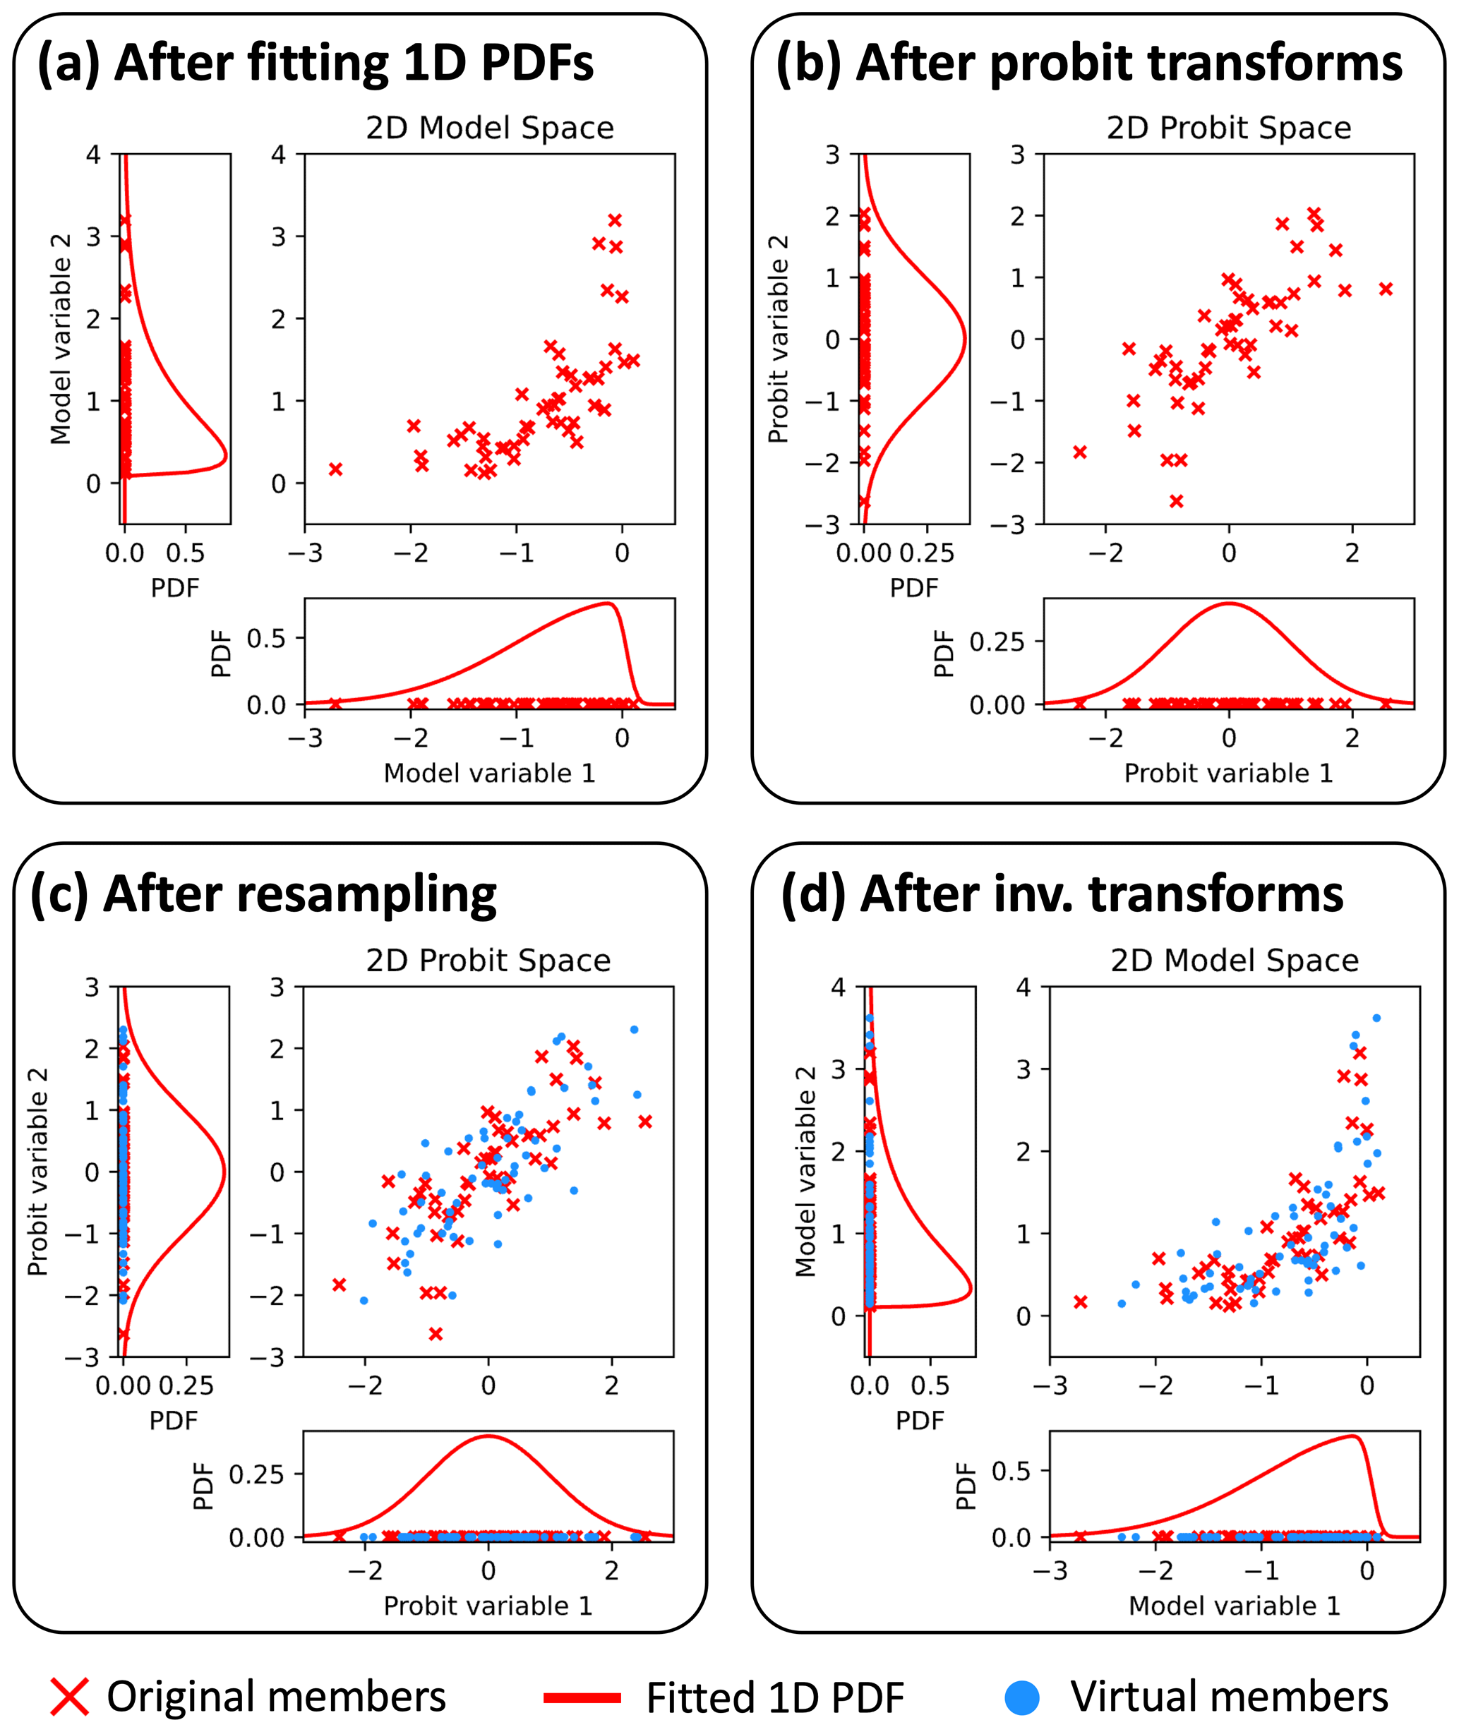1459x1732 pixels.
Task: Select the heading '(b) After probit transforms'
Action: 1088,63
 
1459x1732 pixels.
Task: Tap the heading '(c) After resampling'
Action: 263,894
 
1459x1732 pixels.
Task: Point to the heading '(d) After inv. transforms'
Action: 1062,894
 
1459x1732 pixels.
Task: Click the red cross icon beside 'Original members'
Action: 69,1697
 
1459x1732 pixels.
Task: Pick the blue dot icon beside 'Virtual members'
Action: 1021,1697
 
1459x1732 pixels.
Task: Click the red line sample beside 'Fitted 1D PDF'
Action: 582,1697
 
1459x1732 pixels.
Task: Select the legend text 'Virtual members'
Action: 1229,1697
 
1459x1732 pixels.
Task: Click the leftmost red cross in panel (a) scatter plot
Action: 336,469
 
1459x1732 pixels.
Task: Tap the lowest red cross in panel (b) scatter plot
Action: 1176,500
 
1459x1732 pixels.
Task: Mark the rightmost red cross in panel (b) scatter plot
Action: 1386,289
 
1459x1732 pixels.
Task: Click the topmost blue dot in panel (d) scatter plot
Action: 1376,1018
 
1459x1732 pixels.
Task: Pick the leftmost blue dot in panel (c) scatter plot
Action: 364,1300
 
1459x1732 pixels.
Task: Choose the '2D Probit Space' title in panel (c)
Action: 488,961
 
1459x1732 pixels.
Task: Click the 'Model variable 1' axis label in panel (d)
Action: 1234,1606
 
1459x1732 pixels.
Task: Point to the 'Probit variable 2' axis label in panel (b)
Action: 777,339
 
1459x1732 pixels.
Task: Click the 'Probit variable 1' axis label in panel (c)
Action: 488,1606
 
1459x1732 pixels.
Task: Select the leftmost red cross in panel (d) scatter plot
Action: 1080,1302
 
